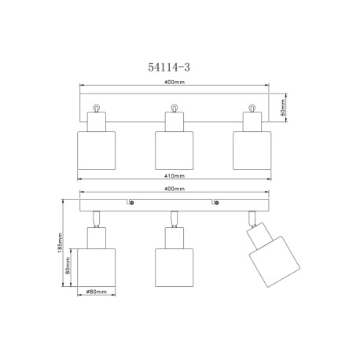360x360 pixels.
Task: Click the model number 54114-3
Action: pos(169,67)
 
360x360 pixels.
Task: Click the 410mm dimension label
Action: pos(174,176)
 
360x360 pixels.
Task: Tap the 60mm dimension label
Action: pos(283,108)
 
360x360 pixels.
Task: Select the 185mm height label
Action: pos(60,243)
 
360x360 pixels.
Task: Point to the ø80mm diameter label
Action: pos(96,292)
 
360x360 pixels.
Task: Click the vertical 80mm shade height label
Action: pos(68,266)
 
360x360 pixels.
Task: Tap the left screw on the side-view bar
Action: pos(132,203)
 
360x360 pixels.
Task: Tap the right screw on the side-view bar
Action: pos(217,203)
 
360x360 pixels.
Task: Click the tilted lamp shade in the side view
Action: pos(274,262)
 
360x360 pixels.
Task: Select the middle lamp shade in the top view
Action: pos(174,150)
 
